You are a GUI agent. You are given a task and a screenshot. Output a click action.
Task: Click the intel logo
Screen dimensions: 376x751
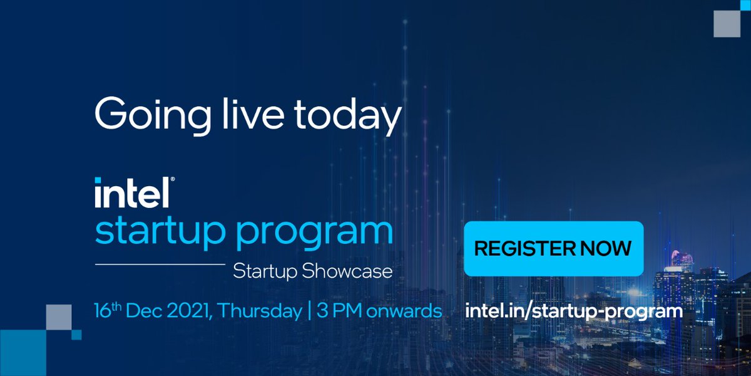(x=131, y=193)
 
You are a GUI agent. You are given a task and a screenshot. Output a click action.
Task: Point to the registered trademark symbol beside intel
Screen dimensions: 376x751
(x=173, y=180)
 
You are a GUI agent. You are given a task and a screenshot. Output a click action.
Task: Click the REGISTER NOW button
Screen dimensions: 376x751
(x=553, y=248)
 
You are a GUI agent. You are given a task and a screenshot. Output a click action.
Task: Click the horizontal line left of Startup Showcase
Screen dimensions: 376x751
(x=160, y=265)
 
